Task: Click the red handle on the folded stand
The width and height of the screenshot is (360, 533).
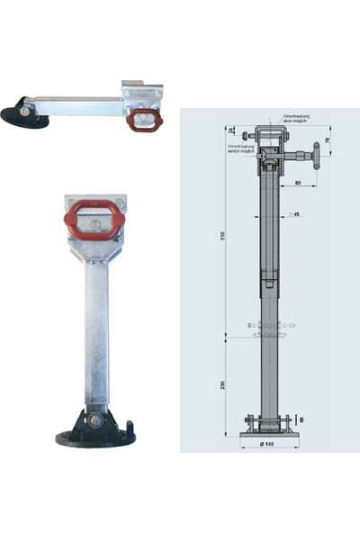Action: tap(142, 120)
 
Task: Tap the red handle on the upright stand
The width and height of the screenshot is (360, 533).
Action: tap(90, 218)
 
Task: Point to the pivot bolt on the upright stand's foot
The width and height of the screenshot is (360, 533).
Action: tap(95, 419)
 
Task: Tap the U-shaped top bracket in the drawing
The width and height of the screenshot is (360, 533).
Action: tap(271, 136)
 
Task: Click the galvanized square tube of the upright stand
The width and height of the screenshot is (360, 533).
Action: tap(95, 333)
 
